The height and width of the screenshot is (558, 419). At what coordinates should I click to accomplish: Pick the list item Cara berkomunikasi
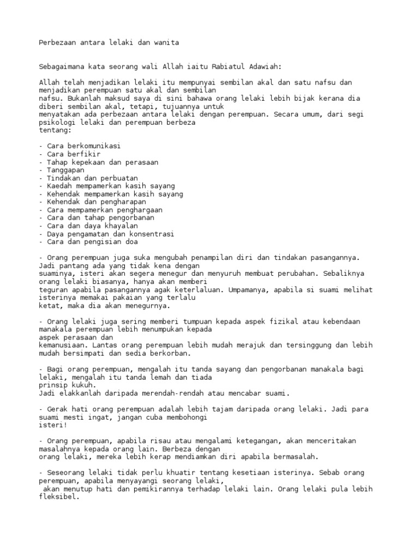80,146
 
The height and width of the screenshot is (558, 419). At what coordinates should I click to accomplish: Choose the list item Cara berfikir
70,154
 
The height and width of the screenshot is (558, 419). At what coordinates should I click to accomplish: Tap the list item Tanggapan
62,170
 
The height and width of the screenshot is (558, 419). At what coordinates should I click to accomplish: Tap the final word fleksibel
59,496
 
